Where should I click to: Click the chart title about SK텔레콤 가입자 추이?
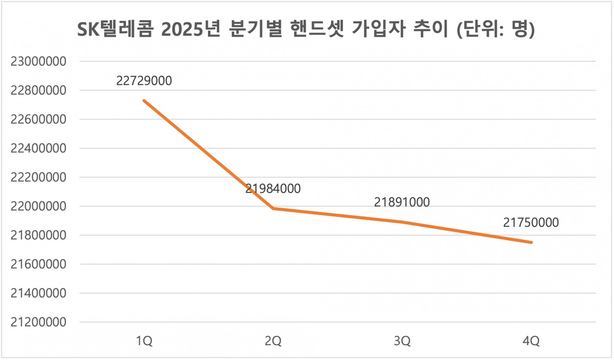click(306, 29)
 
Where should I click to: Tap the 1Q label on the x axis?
click(144, 341)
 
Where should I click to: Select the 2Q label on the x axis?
click(273, 341)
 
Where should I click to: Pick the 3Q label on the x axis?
click(402, 341)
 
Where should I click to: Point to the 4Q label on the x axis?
click(531, 341)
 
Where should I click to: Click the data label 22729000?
click(144, 81)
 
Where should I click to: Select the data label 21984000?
click(273, 188)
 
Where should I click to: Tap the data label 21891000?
click(402, 202)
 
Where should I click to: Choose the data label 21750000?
click(531, 222)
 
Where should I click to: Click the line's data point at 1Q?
click(144, 100)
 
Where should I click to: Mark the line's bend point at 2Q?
click(273, 208)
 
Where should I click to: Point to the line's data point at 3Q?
click(402, 222)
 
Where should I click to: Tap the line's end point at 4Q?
click(531, 242)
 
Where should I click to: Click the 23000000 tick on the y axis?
click(38, 61)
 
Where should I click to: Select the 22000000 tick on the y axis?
click(38, 206)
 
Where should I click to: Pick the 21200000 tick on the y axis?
click(38, 322)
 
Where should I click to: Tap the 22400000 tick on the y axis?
click(38, 148)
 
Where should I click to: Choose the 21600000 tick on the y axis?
click(38, 264)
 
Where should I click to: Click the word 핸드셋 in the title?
click(317, 29)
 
